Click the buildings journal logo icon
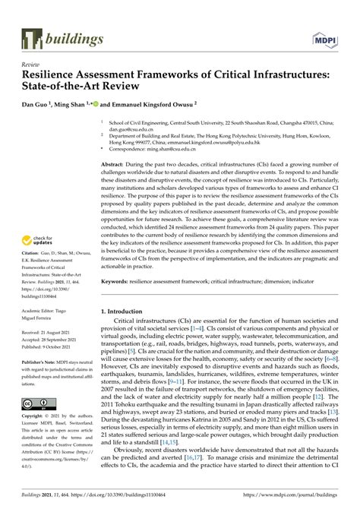(31, 37)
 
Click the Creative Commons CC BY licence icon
(38, 402)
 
